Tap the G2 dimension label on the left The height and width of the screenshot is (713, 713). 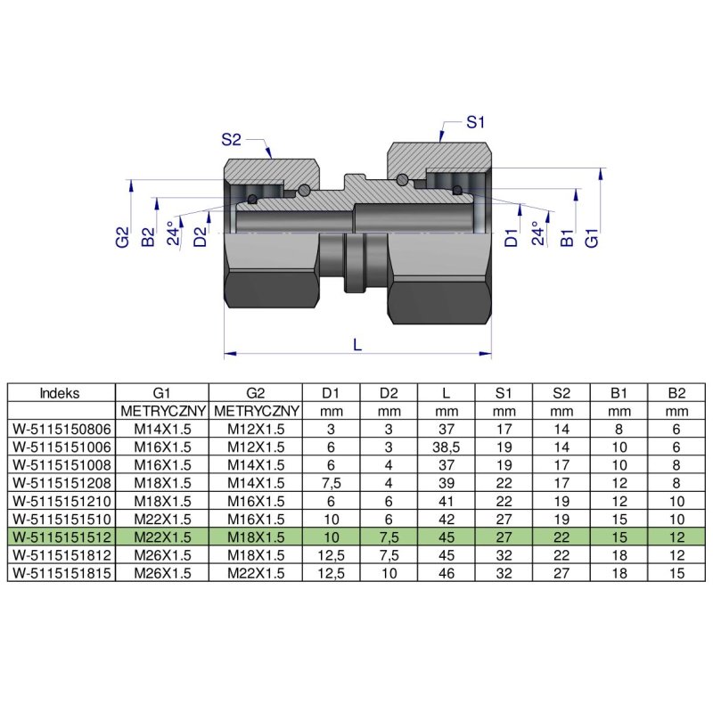[x=122, y=237]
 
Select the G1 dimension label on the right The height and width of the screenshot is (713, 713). [x=591, y=237]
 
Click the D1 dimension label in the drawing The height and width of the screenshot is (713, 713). [x=511, y=237]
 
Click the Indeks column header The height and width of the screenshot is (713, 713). [x=61, y=392]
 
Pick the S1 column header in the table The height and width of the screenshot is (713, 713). [x=504, y=392]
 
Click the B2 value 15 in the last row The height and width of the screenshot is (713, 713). [x=676, y=573]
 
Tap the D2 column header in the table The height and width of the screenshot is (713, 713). [x=389, y=392]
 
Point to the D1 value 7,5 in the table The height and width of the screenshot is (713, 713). [x=331, y=482]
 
